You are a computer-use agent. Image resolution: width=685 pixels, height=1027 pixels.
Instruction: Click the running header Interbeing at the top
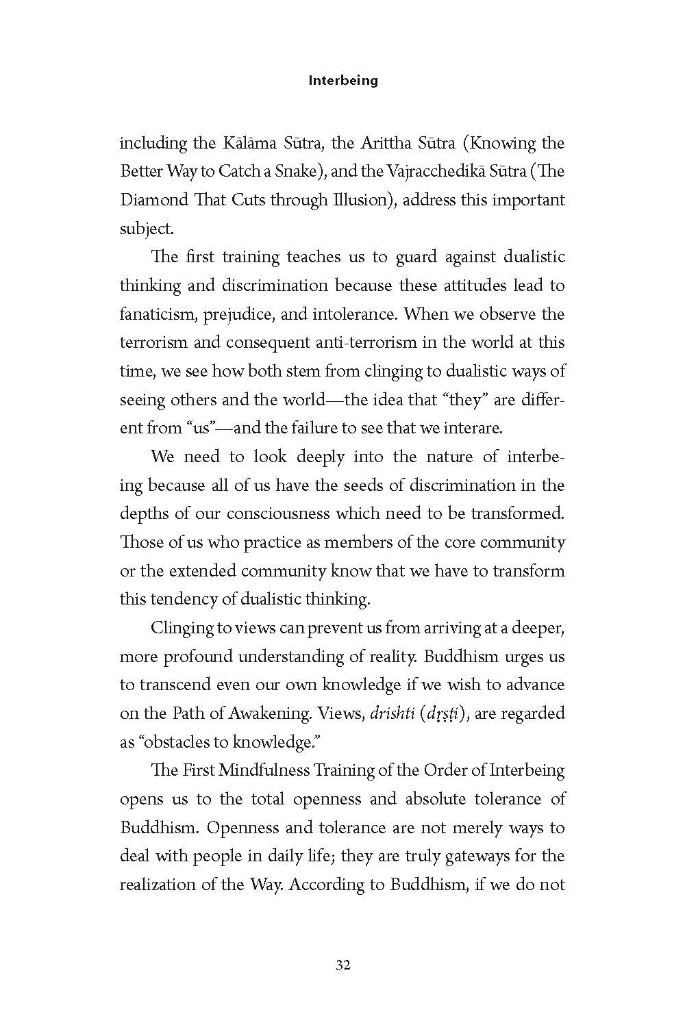(x=343, y=80)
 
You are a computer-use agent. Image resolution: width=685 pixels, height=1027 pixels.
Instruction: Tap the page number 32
(x=343, y=965)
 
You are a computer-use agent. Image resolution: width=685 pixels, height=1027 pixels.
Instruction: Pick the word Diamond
(x=153, y=200)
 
